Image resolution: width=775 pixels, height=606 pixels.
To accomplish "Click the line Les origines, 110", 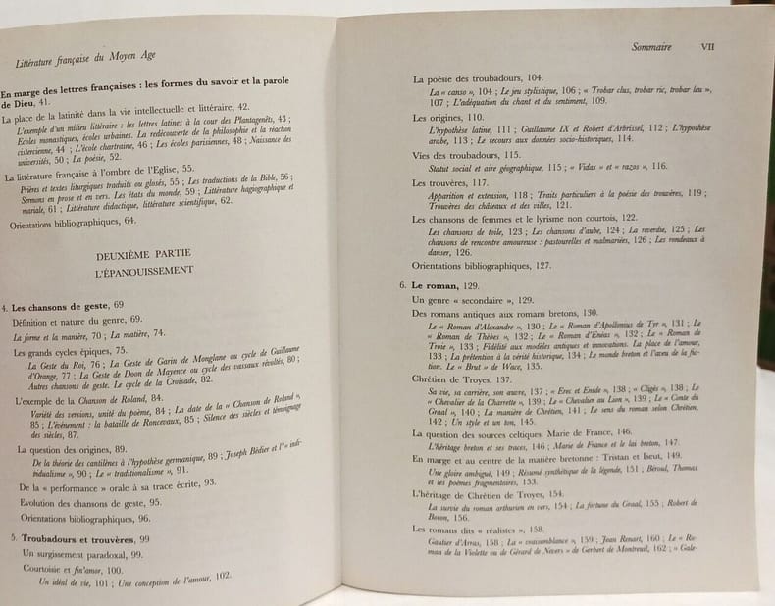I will click(448, 118).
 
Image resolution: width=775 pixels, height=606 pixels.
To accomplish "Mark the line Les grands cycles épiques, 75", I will click(79, 351).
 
